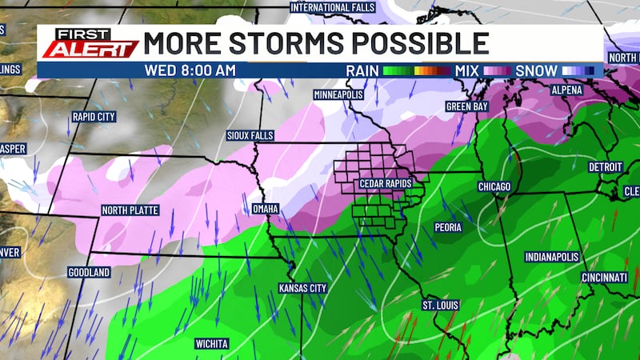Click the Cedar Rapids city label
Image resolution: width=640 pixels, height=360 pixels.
386,185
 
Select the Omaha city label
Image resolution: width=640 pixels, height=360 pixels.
265,209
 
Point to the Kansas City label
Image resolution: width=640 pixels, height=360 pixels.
303,287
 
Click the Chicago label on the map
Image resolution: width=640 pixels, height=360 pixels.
494,186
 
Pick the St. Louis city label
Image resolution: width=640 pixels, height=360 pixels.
439,306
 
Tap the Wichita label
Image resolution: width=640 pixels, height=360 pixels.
212,344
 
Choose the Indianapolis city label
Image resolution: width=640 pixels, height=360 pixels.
552,257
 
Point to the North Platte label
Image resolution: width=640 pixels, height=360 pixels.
130,210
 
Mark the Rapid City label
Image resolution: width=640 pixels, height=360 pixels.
94,117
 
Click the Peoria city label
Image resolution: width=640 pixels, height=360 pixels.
449,227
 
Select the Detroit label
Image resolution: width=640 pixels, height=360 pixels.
606,167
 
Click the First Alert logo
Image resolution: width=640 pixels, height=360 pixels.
90,43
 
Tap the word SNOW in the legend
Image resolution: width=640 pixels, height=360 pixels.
536,70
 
